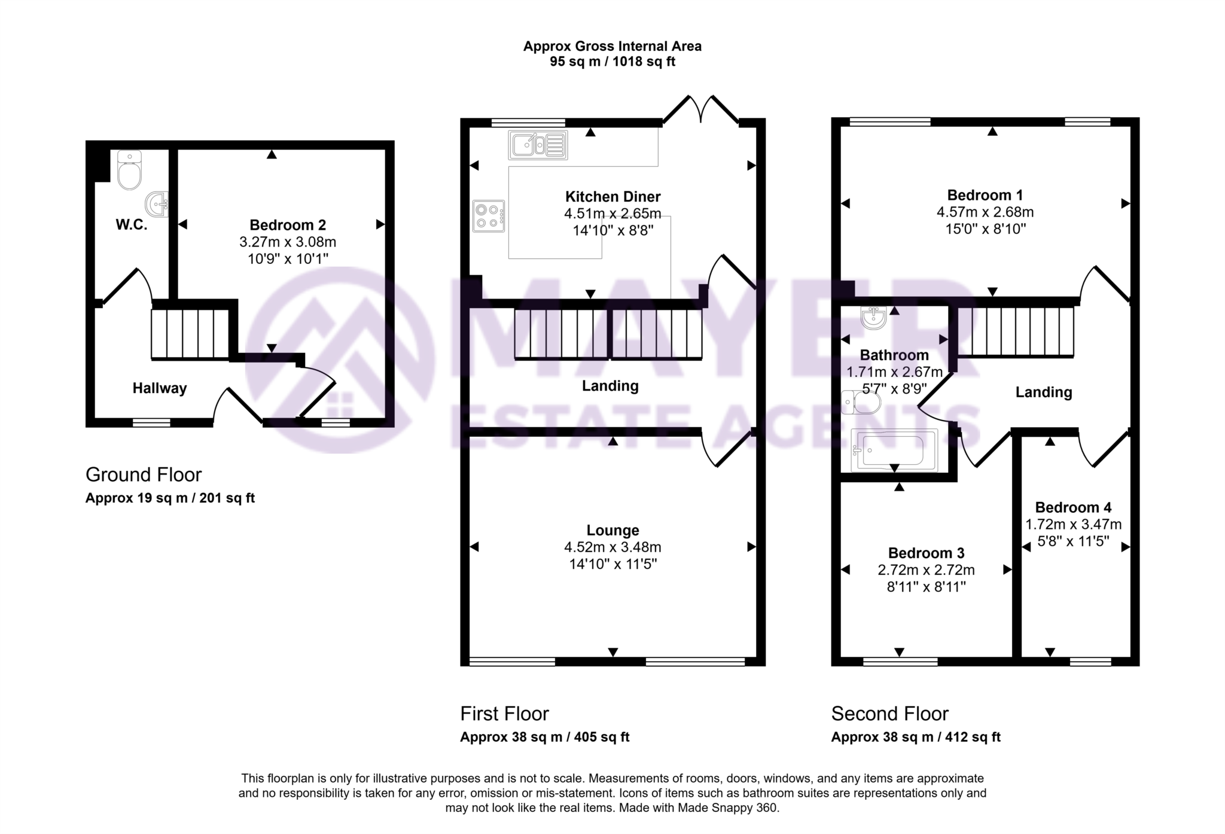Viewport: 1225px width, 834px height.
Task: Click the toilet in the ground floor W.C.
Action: pyautogui.click(x=130, y=171)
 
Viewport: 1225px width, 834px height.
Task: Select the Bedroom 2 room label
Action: pyautogui.click(x=288, y=225)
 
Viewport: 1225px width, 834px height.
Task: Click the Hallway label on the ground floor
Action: pyautogui.click(x=160, y=388)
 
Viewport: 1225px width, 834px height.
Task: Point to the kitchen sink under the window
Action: pyautogui.click(x=538, y=145)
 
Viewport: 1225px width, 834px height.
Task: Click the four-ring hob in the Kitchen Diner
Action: pyautogui.click(x=488, y=216)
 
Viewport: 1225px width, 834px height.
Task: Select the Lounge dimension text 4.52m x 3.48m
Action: pyautogui.click(x=612, y=547)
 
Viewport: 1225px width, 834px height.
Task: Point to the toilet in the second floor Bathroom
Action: pyautogui.click(x=862, y=403)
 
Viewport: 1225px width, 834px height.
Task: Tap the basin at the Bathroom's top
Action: pyautogui.click(x=874, y=318)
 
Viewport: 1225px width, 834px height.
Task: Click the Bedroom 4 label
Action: pyautogui.click(x=1073, y=507)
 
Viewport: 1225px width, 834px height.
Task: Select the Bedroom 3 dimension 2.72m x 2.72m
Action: pyautogui.click(x=926, y=570)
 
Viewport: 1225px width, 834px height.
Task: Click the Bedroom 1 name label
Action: pyautogui.click(x=985, y=195)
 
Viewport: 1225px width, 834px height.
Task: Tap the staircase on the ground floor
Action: pyautogui.click(x=190, y=334)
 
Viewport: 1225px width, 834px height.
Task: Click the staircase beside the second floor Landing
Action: pyautogui.click(x=1016, y=332)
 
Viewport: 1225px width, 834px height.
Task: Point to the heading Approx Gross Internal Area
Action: pyautogui.click(x=612, y=46)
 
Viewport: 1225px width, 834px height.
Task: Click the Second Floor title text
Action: pyautogui.click(x=889, y=714)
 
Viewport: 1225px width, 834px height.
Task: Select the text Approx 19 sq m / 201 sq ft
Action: pyautogui.click(x=170, y=498)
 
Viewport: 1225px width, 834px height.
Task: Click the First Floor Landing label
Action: pyautogui.click(x=610, y=386)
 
